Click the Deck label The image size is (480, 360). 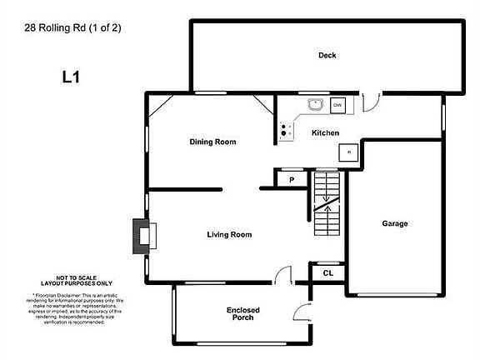[x=327, y=56]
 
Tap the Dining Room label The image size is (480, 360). [x=212, y=142]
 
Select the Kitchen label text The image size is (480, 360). [x=325, y=133]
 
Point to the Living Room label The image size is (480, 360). [x=229, y=235]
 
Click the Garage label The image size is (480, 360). [x=395, y=223]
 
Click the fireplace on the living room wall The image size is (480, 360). [x=142, y=236]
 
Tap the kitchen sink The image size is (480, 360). [x=315, y=105]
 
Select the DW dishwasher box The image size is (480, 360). [x=338, y=106]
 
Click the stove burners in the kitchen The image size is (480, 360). [x=286, y=130]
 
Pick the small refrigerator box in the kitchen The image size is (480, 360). [x=347, y=152]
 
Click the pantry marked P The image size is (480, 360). [x=292, y=179]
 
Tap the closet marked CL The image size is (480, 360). [x=328, y=272]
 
